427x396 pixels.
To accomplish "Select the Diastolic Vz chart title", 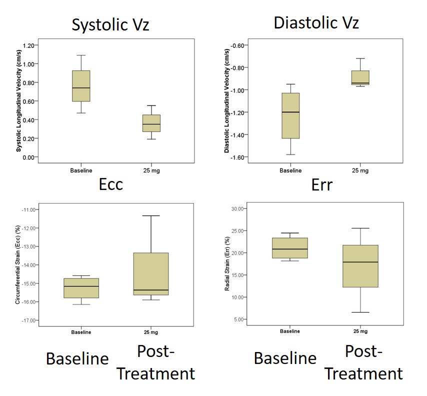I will click(316, 22).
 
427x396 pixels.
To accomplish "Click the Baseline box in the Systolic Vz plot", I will click(81, 86).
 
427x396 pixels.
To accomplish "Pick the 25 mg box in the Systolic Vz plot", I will click(151, 123).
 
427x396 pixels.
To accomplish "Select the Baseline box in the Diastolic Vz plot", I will click(290, 115).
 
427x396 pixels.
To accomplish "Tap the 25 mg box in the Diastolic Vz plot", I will click(360, 77).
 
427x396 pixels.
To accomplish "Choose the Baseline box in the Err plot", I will click(290, 248).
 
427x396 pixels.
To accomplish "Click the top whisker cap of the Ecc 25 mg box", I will click(151, 215).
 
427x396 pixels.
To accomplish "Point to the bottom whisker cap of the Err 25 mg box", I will click(360, 312).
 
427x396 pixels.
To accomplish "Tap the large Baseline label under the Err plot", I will click(285, 358).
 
